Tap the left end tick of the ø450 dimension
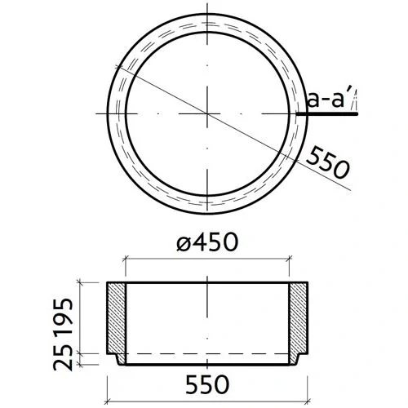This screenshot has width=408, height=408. pyautogui.click(x=125, y=259)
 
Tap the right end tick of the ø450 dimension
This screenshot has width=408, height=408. pyautogui.click(x=290, y=259)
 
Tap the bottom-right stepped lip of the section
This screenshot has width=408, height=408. pyautogui.click(x=298, y=360)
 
